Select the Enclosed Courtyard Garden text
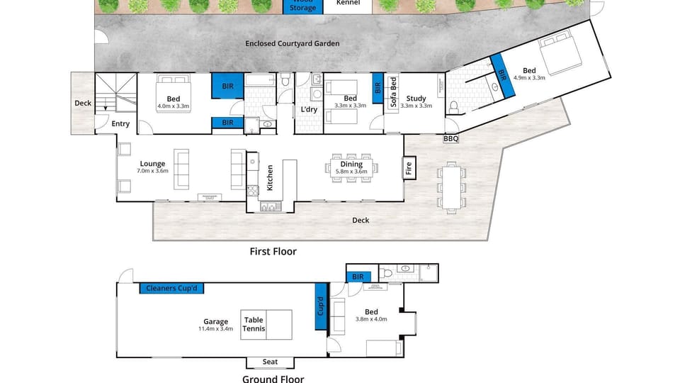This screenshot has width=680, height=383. pos(292,43)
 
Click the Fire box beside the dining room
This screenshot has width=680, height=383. pos(409,168)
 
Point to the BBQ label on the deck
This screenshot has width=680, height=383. pos(450,139)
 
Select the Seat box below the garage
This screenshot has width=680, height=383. pos(270,362)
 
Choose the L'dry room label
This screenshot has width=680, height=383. pos(309,109)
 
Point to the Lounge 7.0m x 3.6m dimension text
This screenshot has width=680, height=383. pos(152,170)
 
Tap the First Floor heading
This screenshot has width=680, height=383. pos(273,251)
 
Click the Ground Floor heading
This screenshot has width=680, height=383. pos(273,379)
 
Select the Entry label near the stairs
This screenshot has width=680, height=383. pos(120,124)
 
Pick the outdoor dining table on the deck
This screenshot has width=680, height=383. pos(450,188)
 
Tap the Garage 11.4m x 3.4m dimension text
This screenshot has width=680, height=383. pos(215,328)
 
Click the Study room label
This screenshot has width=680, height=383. pos(416,99)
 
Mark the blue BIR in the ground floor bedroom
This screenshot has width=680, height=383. pos(358,277)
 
